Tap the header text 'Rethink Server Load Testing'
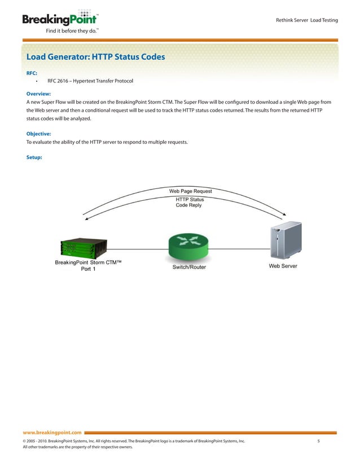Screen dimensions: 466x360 306,20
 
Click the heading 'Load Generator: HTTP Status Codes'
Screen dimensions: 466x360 95,57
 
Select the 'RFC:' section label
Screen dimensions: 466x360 32,73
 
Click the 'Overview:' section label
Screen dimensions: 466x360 39,94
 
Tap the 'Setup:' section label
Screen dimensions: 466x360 34,157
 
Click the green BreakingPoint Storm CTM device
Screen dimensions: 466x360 84,246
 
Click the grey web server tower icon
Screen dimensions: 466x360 280,242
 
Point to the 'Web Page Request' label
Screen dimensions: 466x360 191,191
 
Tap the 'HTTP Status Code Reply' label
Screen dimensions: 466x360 190,203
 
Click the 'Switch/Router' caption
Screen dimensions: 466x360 189,267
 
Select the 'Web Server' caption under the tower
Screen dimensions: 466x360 283,266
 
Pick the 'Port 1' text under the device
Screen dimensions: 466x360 86,269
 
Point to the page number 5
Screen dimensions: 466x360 319,441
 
